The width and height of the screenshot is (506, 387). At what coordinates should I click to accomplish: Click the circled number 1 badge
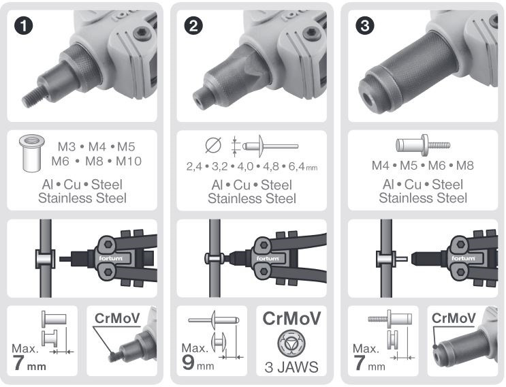24,26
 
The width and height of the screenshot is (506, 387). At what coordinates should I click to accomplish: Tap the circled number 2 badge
193,26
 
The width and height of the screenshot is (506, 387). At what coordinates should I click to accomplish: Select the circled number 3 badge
364,26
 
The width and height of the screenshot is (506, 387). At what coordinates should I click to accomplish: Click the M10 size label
129,161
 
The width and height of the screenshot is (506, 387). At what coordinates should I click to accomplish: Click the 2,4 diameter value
194,166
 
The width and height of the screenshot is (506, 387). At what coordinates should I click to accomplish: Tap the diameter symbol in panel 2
213,145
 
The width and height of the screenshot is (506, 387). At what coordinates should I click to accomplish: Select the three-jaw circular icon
291,343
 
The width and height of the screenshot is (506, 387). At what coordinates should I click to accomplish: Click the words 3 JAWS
291,367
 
